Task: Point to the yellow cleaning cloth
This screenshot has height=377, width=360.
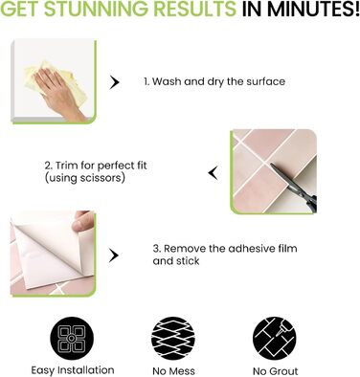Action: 55,79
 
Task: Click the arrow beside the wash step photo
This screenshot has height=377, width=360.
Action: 114,83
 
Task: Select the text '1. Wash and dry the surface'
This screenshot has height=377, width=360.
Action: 214,81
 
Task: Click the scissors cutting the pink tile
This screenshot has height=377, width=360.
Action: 295,187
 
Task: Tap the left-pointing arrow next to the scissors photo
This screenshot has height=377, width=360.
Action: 214,173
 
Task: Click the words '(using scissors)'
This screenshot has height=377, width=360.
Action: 84,178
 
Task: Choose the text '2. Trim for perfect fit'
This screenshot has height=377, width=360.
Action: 96,166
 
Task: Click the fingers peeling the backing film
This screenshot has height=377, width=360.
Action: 83,221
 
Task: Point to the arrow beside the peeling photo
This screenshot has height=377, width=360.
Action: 114,255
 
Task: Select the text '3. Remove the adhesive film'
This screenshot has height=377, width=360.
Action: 225,248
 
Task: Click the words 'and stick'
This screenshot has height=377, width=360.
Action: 176,261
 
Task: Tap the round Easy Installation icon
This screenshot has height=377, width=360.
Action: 72,338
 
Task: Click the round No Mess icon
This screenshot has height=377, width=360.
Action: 173,338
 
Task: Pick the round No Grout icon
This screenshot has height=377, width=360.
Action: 275,338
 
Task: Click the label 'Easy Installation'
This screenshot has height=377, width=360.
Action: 73,370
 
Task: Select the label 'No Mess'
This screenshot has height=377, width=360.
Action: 173,371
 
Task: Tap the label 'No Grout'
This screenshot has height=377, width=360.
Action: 276,371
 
